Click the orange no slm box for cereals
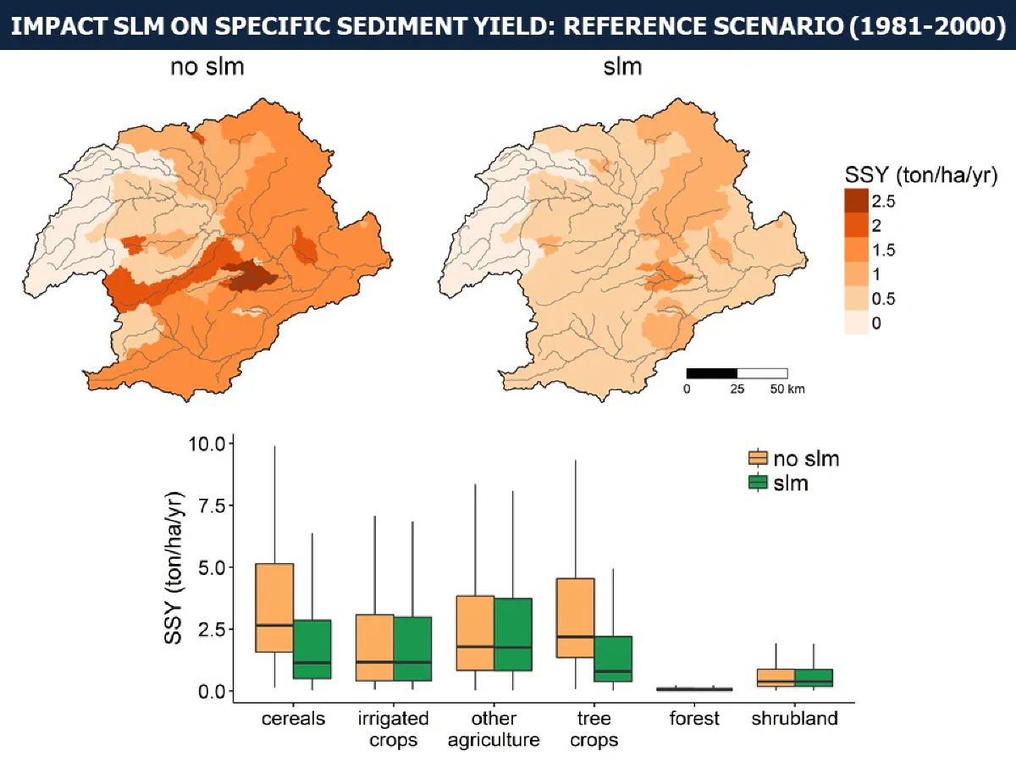pos(274,607)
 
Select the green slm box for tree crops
pos(613,659)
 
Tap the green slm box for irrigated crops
pos(412,649)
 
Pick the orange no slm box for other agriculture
pos(475,633)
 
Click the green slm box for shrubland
pos(814,678)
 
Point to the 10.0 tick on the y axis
pos(230,444)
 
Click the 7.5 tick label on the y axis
pos(212,505)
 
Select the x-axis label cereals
pos(293,719)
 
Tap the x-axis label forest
pos(693,719)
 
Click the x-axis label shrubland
pos(794,719)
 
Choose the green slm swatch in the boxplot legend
pos(758,483)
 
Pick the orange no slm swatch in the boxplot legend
pos(758,458)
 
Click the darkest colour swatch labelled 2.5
pos(856,201)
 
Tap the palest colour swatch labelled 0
pos(856,322)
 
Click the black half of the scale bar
pos(712,373)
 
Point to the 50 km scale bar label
pos(787,389)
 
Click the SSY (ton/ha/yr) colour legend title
pos(920,175)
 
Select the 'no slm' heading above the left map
pos(207,67)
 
